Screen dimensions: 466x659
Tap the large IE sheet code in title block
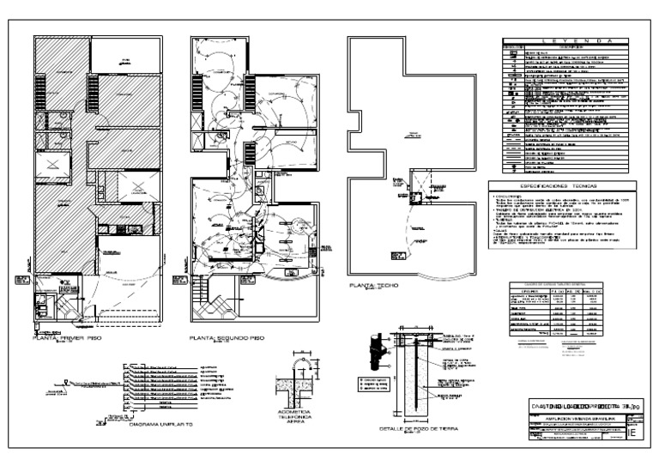pos(632,433)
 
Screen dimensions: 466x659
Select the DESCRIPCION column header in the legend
pos(569,46)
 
